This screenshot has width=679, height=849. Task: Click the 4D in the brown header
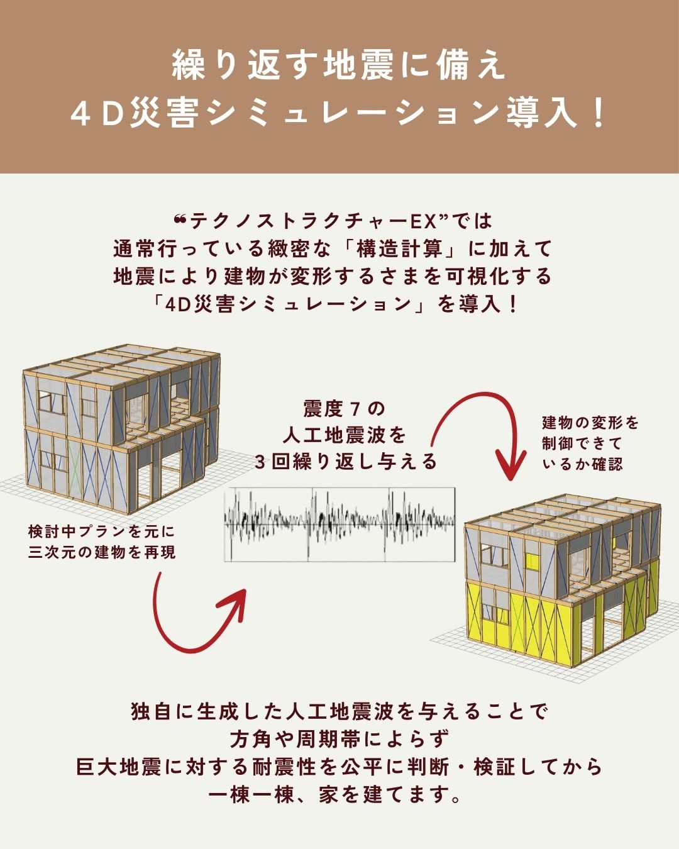tap(98, 114)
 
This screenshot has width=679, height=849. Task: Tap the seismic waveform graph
tap(339, 524)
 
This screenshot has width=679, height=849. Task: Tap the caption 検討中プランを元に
tap(101, 532)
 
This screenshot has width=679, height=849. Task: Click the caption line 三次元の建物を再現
tap(101, 553)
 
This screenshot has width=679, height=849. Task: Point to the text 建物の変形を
tap(590, 423)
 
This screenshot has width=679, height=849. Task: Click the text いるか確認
tap(582, 464)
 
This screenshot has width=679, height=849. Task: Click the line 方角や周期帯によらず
tap(339, 740)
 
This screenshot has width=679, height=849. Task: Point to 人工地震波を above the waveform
tap(345, 436)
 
